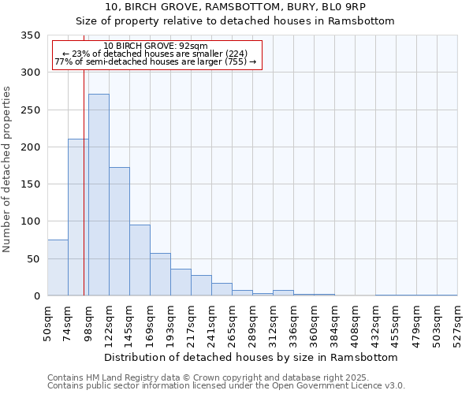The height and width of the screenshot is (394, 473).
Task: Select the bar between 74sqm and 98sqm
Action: pos(78,217)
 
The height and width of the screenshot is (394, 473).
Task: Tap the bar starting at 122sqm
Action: pos(119,232)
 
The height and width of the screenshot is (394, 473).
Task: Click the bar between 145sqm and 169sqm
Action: pos(140,260)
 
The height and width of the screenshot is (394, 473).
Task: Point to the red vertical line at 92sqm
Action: pos(84,181)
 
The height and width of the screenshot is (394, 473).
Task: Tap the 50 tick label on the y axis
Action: pos(33,259)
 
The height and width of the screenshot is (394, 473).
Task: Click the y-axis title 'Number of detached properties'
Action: pos(8,169)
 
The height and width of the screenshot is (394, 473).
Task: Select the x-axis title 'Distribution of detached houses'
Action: pos(251,357)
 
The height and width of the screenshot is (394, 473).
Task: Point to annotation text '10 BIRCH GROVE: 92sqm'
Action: pos(155,46)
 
